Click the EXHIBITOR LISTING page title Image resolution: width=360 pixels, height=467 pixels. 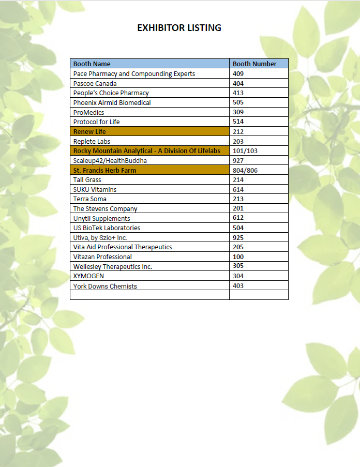click(x=179, y=28)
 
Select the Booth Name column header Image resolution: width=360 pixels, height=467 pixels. click(x=92, y=64)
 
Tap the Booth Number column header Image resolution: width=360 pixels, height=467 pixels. click(x=254, y=64)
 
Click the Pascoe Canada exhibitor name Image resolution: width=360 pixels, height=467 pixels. click(x=95, y=83)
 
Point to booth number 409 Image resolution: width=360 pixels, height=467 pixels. click(x=238, y=73)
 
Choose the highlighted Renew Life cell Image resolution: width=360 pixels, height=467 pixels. click(x=89, y=131)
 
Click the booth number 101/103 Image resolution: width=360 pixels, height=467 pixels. click(x=245, y=150)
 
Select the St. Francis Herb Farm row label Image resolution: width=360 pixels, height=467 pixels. click(x=104, y=170)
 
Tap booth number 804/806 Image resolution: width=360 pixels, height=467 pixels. click(x=245, y=170)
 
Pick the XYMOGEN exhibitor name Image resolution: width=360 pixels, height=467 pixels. click(x=88, y=276)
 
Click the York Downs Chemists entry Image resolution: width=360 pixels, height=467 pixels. click(x=105, y=286)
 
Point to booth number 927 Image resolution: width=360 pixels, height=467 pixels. click(x=238, y=160)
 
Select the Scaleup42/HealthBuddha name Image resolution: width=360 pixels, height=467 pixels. click(x=107, y=160)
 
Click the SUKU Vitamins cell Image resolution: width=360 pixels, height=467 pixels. click(x=95, y=189)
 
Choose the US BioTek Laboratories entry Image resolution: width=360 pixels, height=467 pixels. click(x=107, y=228)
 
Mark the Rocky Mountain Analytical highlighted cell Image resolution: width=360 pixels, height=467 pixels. click(x=147, y=150)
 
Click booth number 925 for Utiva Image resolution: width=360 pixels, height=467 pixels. click(x=238, y=237)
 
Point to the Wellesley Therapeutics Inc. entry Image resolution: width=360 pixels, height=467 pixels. click(x=113, y=266)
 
